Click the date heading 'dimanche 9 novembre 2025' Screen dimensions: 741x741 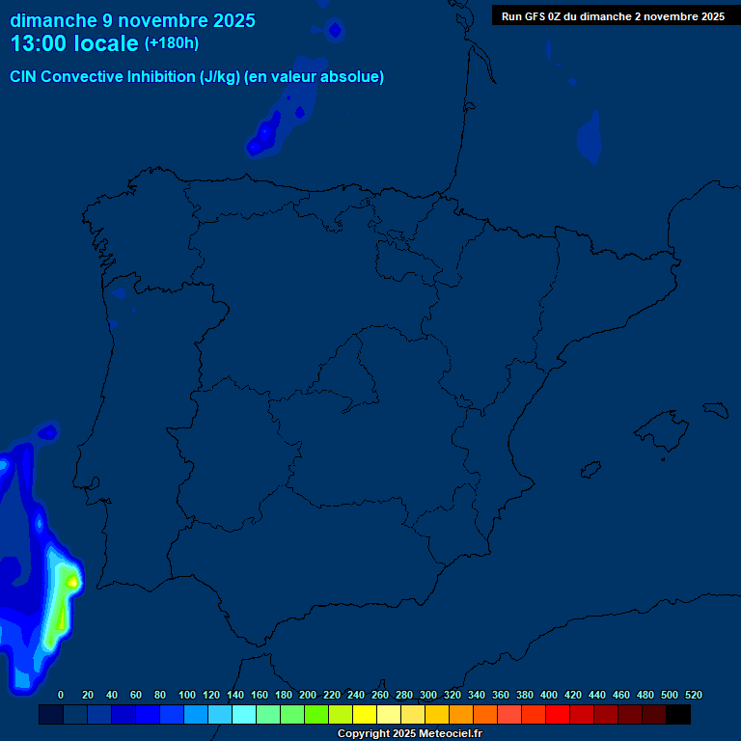(132, 20)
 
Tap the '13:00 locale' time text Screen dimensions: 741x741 (74, 43)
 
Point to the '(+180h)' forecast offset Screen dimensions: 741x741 (171, 43)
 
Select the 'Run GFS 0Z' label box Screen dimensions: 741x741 (613, 16)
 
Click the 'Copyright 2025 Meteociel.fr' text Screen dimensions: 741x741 (409, 734)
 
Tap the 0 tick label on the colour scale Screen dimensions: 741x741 (61, 695)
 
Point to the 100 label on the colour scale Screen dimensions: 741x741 (187, 695)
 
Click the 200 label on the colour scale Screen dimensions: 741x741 (308, 695)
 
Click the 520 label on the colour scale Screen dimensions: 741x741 (693, 695)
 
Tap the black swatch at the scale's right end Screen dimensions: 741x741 (678, 715)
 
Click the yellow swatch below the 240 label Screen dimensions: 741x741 (365, 715)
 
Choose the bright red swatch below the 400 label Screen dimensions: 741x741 (558, 715)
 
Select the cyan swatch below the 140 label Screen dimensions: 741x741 (244, 715)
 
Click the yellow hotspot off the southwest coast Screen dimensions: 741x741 (71, 582)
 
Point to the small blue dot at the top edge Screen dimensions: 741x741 (335, 31)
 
